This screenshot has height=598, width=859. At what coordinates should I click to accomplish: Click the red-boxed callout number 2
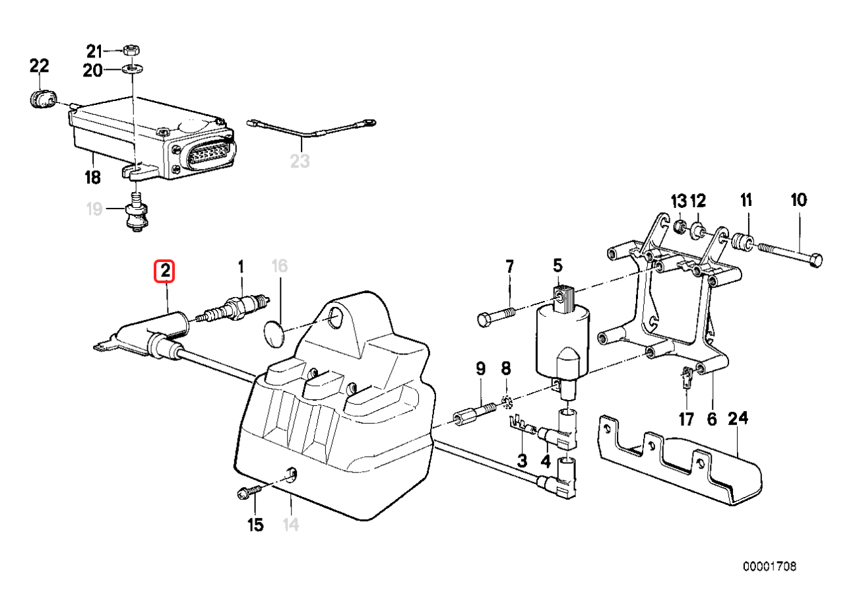click(x=164, y=271)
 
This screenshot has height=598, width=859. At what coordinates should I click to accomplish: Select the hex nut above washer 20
click(x=131, y=50)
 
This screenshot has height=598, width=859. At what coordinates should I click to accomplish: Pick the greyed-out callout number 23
click(x=300, y=161)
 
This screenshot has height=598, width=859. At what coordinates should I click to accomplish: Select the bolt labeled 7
click(x=494, y=316)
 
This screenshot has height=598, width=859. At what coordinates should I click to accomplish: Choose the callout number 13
click(x=679, y=201)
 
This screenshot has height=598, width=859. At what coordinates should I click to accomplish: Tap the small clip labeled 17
click(x=686, y=378)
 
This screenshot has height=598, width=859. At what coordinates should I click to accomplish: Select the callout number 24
click(x=738, y=419)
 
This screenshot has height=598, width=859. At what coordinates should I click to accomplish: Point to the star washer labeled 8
click(x=505, y=400)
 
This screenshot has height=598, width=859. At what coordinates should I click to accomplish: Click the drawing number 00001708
click(x=770, y=567)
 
